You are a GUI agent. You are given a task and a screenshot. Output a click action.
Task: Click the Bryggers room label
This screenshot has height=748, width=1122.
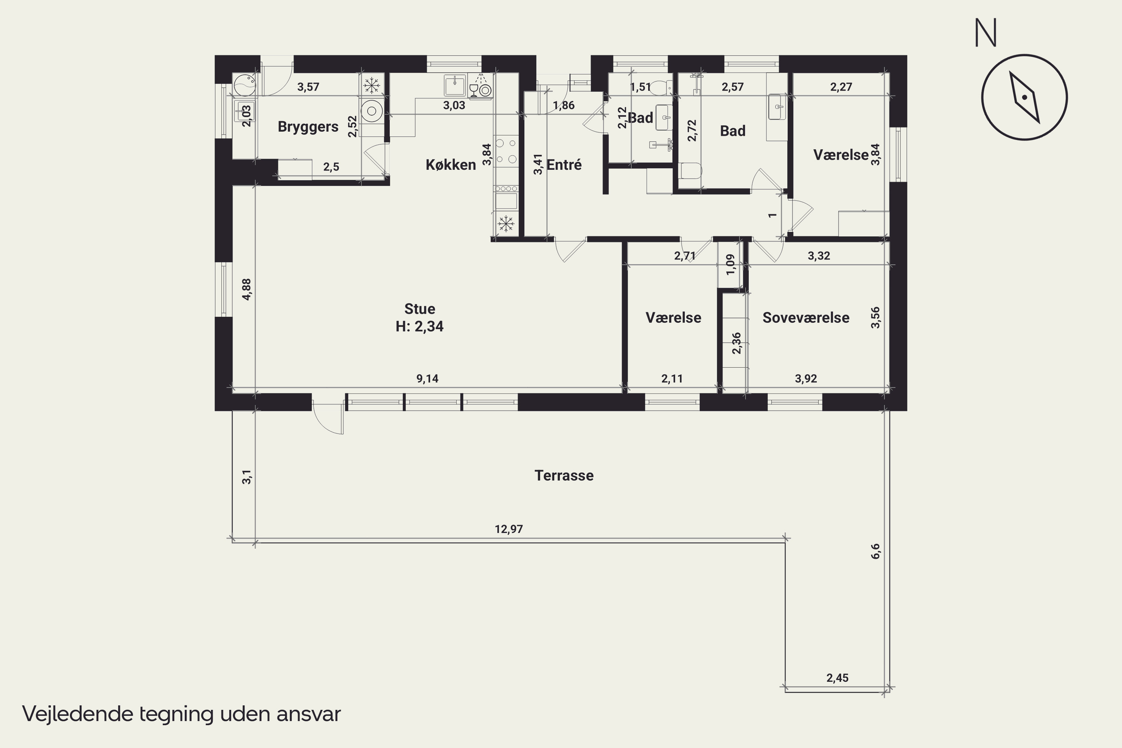click(x=308, y=127)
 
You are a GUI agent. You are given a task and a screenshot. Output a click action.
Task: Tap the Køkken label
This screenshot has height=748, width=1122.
click(x=450, y=165)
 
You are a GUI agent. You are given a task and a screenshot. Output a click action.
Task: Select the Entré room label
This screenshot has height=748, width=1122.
click(x=564, y=165)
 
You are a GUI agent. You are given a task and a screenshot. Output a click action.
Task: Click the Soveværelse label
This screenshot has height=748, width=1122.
click(x=806, y=318)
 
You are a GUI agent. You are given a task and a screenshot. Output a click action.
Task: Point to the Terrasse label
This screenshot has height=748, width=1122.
click(x=564, y=476)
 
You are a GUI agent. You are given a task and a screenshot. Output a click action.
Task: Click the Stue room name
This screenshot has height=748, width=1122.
click(x=420, y=309)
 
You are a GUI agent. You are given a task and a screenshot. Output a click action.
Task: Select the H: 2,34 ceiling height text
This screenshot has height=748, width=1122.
click(x=420, y=326)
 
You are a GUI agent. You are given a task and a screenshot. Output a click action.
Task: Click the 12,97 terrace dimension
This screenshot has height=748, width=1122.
click(x=509, y=529)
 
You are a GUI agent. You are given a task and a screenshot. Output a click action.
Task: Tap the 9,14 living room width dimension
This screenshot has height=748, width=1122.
click(x=427, y=379)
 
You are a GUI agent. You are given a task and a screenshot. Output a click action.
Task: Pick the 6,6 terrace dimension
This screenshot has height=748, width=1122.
click(x=876, y=551)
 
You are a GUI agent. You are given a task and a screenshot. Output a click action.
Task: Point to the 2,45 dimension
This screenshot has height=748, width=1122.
click(x=837, y=678)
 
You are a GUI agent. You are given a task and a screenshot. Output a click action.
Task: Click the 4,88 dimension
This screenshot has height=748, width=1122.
click(x=246, y=289)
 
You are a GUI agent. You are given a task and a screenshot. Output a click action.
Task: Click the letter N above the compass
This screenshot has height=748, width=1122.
click(x=985, y=33)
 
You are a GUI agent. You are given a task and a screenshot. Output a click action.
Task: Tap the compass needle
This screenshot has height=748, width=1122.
click(x=1024, y=97)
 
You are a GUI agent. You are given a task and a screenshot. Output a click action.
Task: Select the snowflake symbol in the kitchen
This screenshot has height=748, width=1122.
click(x=506, y=223)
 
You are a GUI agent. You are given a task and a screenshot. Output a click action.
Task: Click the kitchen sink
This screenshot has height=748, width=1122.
click(x=455, y=85)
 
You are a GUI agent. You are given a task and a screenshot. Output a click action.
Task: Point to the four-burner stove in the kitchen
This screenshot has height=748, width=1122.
click(x=506, y=151)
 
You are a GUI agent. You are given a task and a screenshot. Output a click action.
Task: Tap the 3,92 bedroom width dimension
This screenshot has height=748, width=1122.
click(x=806, y=379)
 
